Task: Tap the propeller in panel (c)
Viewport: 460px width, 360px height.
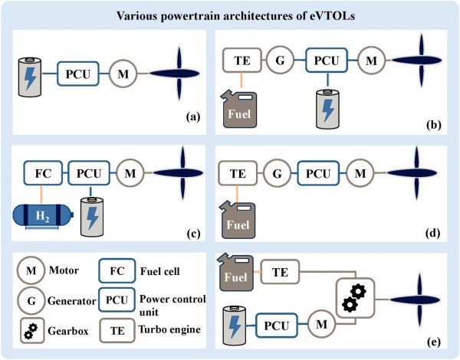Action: click(x=182, y=173)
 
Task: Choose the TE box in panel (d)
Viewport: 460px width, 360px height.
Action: click(x=238, y=173)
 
